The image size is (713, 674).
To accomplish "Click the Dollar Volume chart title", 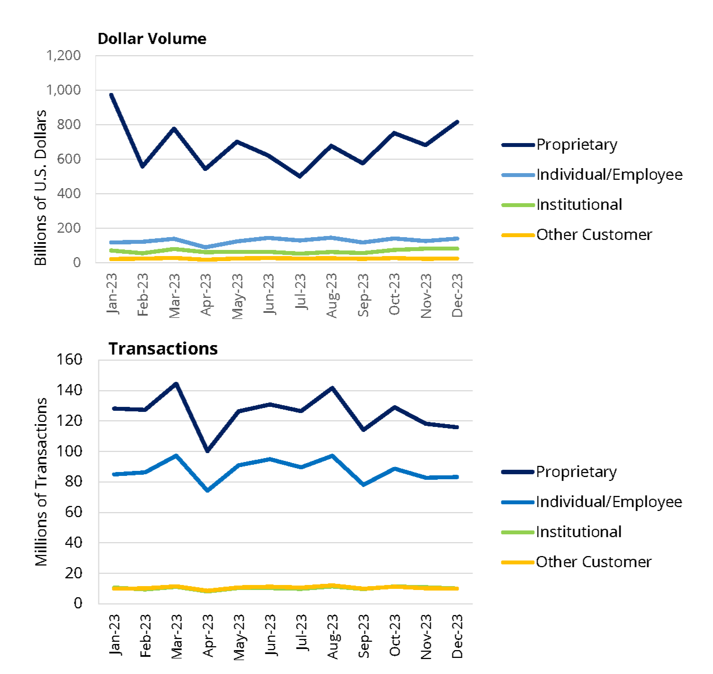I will pyautogui.click(x=152, y=39).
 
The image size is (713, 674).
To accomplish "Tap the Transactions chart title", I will pyautogui.click(x=163, y=349).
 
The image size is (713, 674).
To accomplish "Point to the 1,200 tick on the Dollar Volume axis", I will pyautogui.click(x=63, y=56).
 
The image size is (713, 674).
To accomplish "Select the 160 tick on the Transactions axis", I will pyautogui.click(x=69, y=360).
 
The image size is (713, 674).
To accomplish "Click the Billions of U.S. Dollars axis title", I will pyautogui.click(x=41, y=188).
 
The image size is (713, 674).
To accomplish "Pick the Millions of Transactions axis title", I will pyautogui.click(x=41, y=481).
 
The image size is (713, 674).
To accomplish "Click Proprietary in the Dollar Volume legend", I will pyautogui.click(x=577, y=145).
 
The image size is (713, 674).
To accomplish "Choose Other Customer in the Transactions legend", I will pyautogui.click(x=593, y=562).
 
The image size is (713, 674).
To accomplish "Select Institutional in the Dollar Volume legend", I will pyautogui.click(x=579, y=205).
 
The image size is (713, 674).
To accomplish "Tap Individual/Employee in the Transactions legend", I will pyautogui.click(x=609, y=502).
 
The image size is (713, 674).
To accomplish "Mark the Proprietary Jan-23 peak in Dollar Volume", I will pyautogui.click(x=112, y=95).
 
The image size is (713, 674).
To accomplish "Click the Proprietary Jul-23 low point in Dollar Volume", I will pyautogui.click(x=301, y=176).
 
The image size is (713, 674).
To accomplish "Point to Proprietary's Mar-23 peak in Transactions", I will pyautogui.click(x=176, y=383).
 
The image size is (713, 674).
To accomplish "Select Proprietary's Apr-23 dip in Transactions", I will pyautogui.click(x=208, y=450).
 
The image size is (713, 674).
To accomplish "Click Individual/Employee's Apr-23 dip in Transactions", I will pyautogui.click(x=208, y=490).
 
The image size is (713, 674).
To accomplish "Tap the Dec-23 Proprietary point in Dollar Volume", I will pyautogui.click(x=458, y=122).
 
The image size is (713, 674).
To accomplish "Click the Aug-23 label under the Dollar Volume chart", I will pyautogui.click(x=332, y=296).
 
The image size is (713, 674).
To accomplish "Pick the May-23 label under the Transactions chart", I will pyautogui.click(x=239, y=637).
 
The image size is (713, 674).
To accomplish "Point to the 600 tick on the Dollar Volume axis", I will pyautogui.click(x=68, y=159).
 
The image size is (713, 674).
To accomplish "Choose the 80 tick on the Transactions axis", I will pyautogui.click(x=73, y=481).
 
